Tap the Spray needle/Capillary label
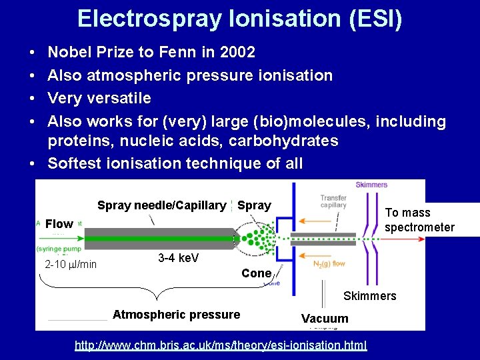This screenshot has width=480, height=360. click(x=161, y=205)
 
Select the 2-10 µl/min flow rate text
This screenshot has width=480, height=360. click(x=71, y=265)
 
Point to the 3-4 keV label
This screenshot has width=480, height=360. click(x=178, y=258)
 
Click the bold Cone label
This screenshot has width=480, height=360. click(x=256, y=273)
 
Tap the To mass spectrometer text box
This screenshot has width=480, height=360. click(x=419, y=220)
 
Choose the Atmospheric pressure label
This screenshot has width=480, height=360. click(x=176, y=315)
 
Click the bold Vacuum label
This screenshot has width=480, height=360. click(x=325, y=319)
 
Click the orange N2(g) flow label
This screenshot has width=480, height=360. click(x=329, y=264)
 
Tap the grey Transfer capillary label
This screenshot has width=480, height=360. click(x=333, y=201)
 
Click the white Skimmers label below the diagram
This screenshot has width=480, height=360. click(x=369, y=295)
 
